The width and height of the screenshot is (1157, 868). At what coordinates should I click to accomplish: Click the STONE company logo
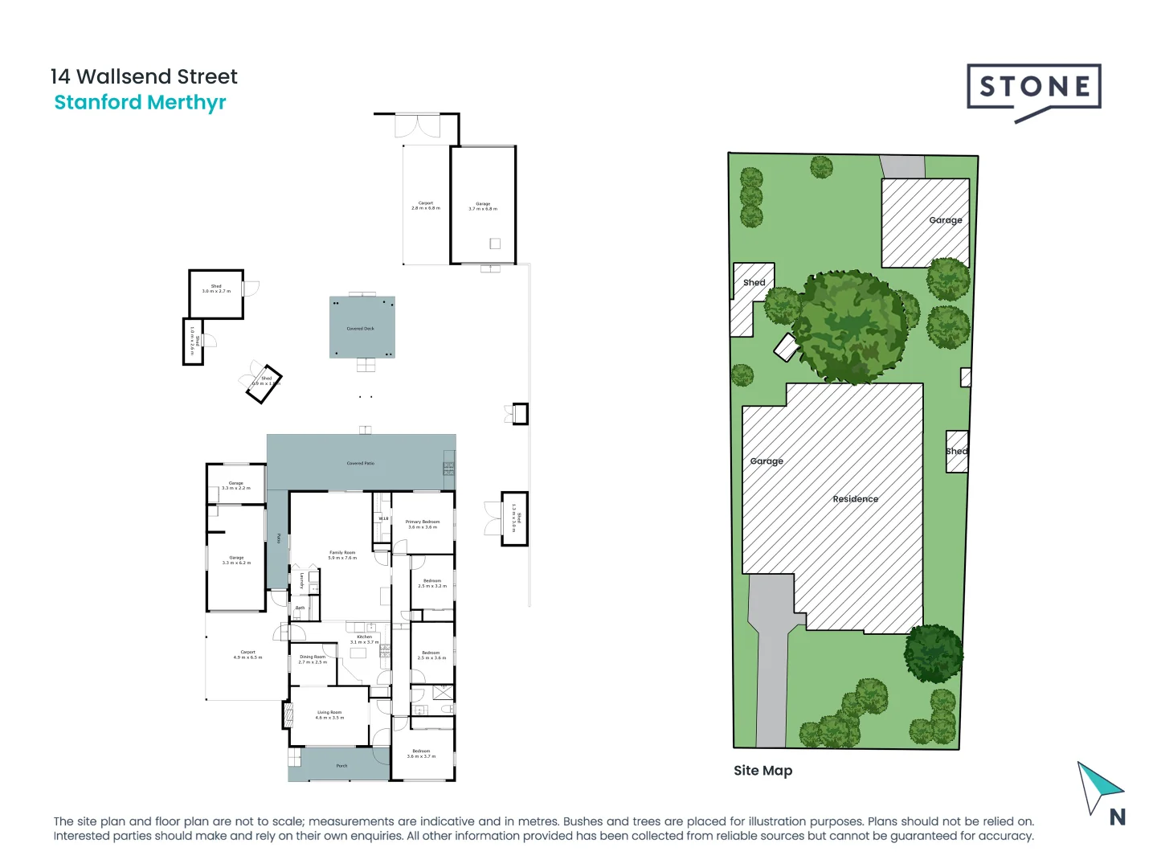point(1033,88)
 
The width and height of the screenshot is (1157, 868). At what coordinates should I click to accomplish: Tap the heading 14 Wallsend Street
point(144,77)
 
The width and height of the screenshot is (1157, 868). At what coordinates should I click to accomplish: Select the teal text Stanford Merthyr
point(140,103)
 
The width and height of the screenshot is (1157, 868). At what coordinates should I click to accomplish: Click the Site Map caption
point(762,771)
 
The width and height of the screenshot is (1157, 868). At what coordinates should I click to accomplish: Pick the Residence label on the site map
point(855,499)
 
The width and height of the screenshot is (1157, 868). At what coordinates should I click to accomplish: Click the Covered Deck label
point(360,329)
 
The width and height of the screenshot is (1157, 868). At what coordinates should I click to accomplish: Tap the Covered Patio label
point(360,464)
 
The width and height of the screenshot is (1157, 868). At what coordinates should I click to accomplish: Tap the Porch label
point(341,766)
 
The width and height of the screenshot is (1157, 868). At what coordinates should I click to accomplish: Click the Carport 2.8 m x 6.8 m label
point(426,206)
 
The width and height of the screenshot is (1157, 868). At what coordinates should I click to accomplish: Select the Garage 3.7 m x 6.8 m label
point(483,207)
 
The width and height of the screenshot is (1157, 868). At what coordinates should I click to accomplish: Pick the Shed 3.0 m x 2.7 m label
point(216,289)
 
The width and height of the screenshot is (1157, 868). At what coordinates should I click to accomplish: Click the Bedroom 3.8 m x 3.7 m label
point(421,753)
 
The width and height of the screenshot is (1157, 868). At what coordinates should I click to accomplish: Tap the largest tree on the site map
point(850,325)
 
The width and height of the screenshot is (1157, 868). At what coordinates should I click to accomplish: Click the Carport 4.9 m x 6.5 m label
point(247,654)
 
